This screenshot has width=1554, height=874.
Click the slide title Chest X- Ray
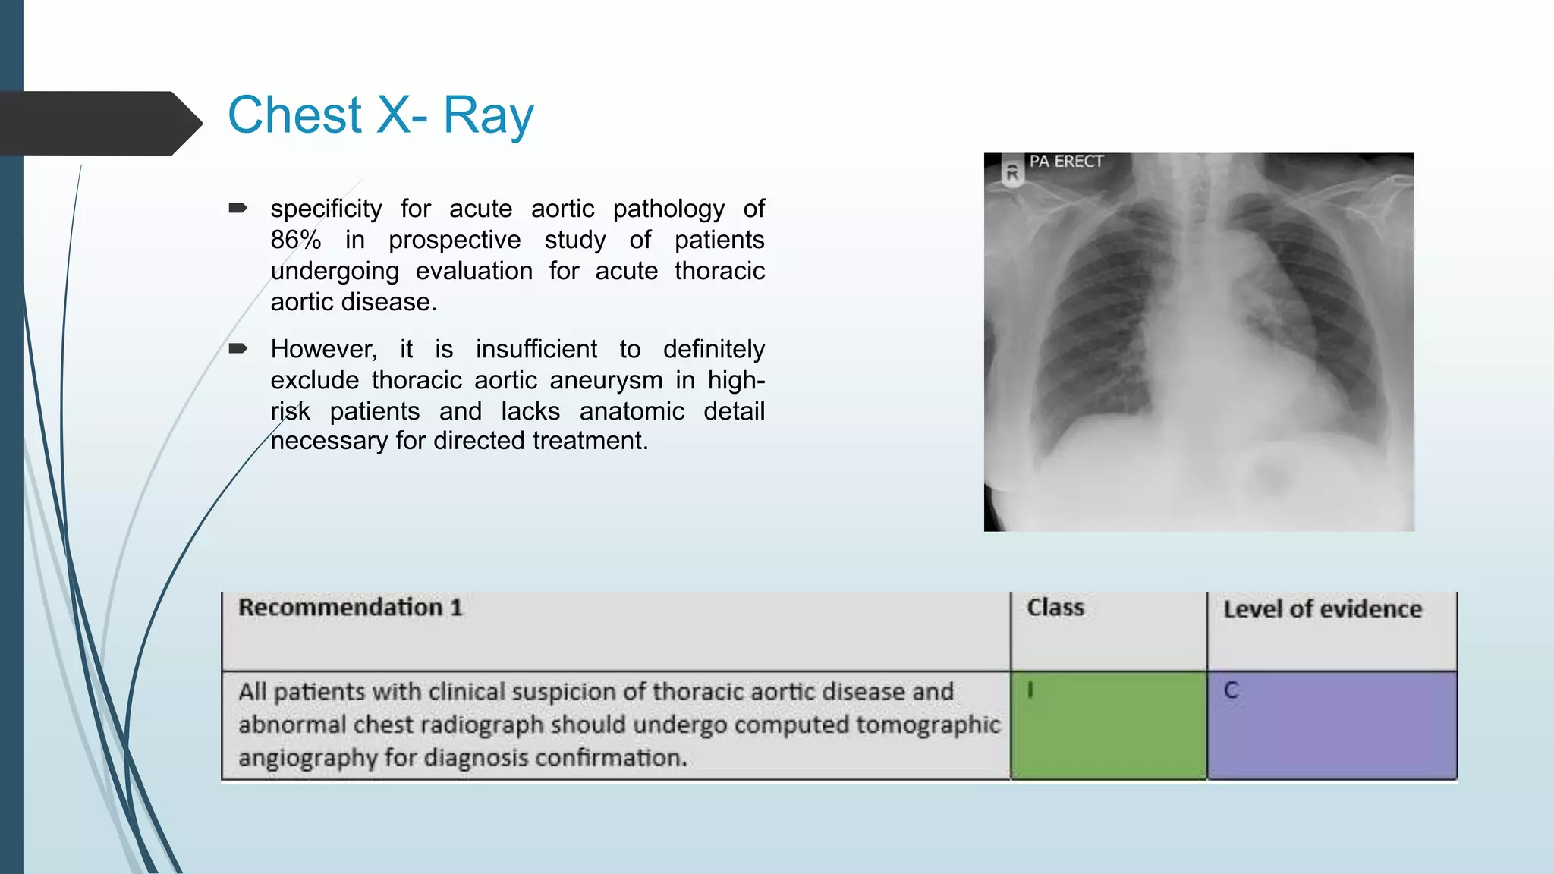coord(380,115)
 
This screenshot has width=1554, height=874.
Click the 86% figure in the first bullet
coord(295,240)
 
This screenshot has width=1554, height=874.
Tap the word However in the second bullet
coord(323,349)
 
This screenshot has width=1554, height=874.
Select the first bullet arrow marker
coord(238,208)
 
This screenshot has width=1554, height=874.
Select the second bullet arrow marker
coord(238,348)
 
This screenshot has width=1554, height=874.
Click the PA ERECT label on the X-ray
coord(1065,162)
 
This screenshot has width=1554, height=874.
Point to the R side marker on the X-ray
coord(1011,174)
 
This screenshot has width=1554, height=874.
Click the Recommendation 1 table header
coord(350,608)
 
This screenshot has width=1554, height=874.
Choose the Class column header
coord(1055,608)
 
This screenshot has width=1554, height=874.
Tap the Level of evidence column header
coord(1322,609)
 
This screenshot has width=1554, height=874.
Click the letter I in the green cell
coord(1030,690)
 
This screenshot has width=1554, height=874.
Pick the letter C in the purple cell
coord(1231,690)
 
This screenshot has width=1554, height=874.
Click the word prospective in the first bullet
coord(454,240)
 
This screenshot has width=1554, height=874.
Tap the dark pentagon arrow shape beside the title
coord(99,124)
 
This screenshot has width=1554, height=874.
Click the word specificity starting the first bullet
coord(326,209)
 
